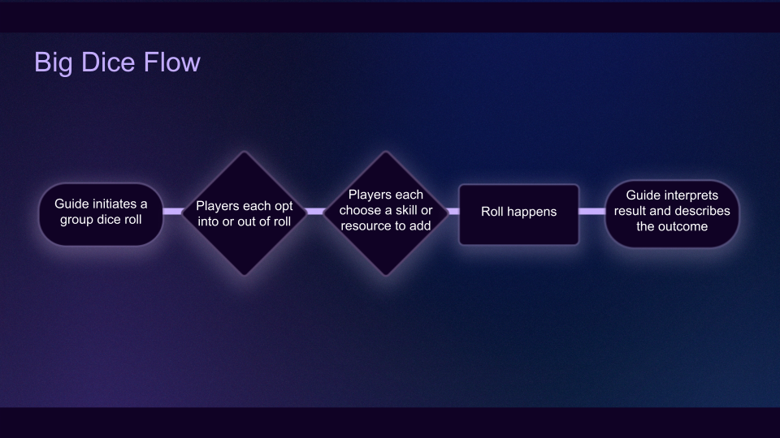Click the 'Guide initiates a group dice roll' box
click(x=101, y=212)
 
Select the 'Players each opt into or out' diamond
click(x=245, y=213)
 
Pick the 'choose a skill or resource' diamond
click(x=385, y=213)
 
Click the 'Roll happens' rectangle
click(x=518, y=213)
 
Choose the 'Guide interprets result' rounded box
click(x=671, y=212)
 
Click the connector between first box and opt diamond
click(x=173, y=212)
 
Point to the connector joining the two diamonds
click(x=315, y=212)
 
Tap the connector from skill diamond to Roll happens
click(x=453, y=212)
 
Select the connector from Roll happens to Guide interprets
click(x=591, y=212)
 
